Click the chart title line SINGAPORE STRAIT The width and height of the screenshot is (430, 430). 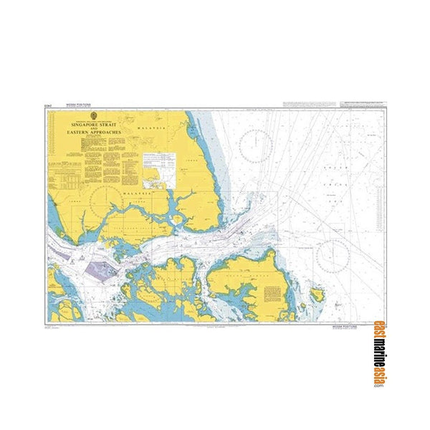(x=96, y=123)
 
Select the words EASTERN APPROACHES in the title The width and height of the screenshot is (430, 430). (x=96, y=133)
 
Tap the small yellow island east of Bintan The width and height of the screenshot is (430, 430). (x=317, y=294)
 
